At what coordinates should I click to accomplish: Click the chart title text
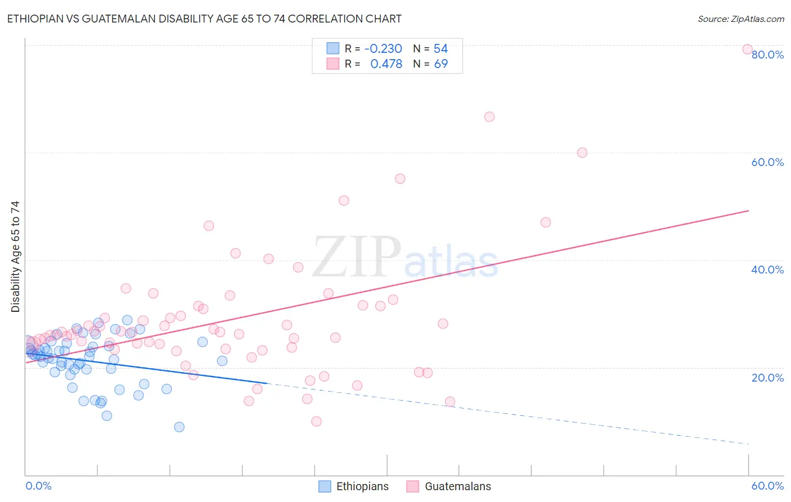pyautogui.click(x=204, y=19)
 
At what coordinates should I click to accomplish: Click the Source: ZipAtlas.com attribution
pyautogui.click(x=740, y=19)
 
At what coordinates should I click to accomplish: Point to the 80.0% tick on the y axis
pyautogui.click(x=767, y=55)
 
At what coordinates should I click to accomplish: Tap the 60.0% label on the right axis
pyautogui.click(x=767, y=162)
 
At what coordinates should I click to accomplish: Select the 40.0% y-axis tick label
pyautogui.click(x=767, y=270)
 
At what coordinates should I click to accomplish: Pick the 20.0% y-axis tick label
pyautogui.click(x=767, y=377)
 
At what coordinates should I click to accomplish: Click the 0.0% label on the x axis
pyautogui.click(x=38, y=486)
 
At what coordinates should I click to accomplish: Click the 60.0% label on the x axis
pyautogui.click(x=767, y=486)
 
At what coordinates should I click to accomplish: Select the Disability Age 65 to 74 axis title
pyautogui.click(x=15, y=256)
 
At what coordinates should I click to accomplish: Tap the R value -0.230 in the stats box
pyautogui.click(x=383, y=48)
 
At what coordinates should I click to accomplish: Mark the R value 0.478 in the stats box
pyautogui.click(x=386, y=64)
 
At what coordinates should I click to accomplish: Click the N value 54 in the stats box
pyautogui.click(x=441, y=48)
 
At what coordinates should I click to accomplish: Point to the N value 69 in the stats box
pyautogui.click(x=441, y=64)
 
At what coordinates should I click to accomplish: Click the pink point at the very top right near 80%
pyautogui.click(x=747, y=49)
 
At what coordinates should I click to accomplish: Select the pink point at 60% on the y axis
pyautogui.click(x=582, y=153)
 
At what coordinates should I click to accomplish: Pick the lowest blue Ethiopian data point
pyautogui.click(x=179, y=427)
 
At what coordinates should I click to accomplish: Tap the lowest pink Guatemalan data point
pyautogui.click(x=316, y=422)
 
